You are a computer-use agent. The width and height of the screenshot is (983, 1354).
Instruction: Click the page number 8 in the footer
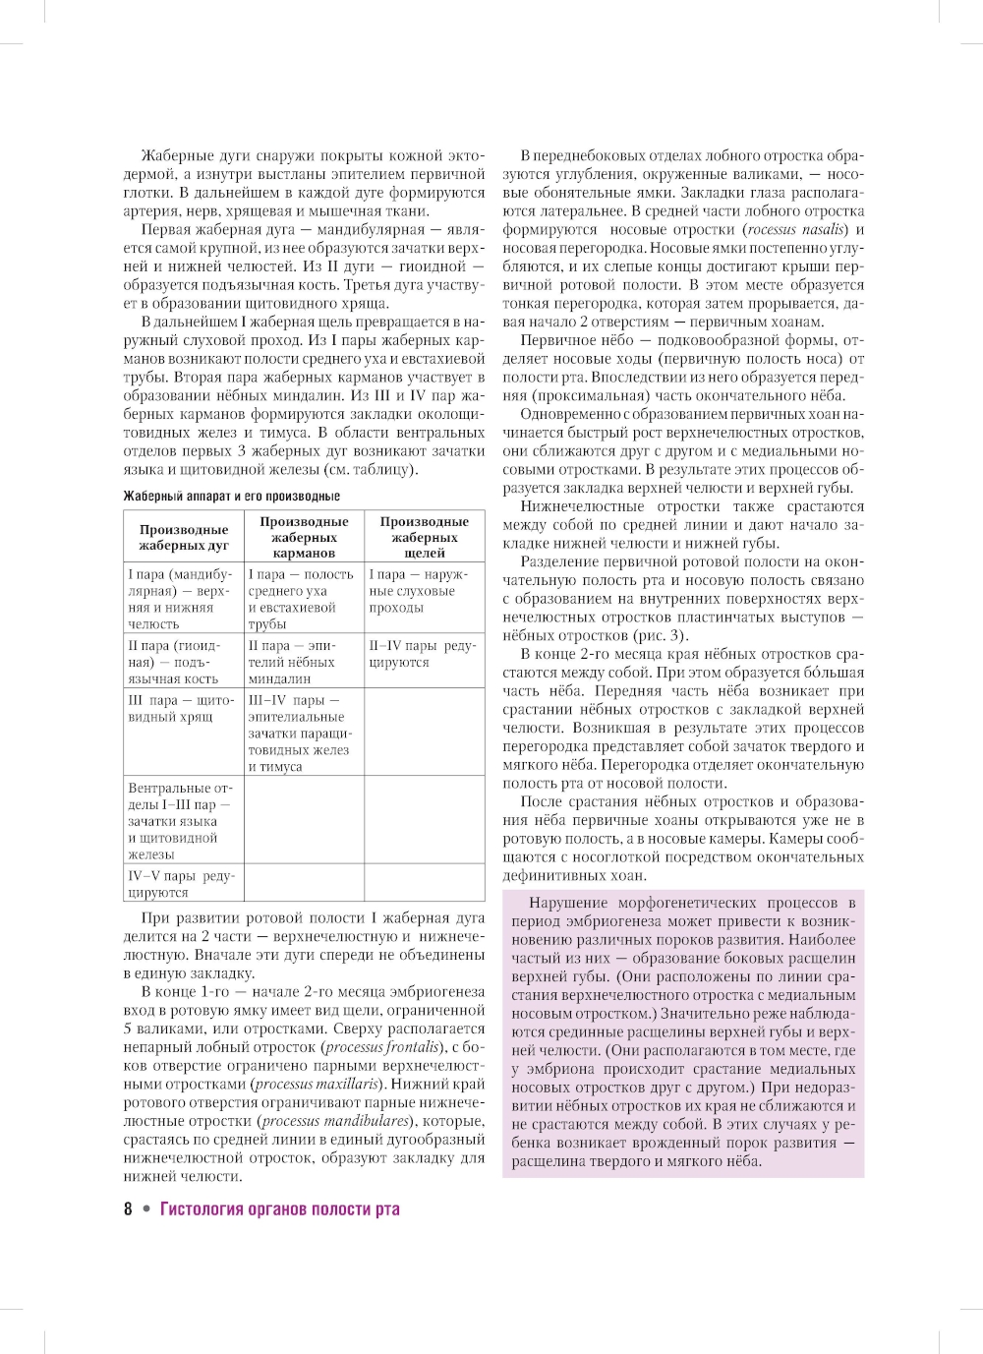[128, 1209]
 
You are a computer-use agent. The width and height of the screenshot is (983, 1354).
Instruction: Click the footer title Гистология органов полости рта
[280, 1209]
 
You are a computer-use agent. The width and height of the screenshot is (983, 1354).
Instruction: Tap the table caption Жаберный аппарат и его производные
[231, 497]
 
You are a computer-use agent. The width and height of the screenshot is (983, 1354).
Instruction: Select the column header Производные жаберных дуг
[184, 537]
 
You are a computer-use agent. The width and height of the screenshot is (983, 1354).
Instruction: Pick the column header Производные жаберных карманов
[304, 537]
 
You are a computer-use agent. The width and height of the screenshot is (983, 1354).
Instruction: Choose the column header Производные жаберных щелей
[425, 537]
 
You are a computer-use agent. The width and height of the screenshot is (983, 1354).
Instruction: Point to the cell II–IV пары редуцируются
[422, 654]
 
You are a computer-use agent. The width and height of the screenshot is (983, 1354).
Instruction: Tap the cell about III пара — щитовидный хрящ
[181, 708]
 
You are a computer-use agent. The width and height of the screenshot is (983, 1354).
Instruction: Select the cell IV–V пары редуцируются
[181, 884]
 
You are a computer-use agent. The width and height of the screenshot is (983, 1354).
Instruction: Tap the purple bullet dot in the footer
[146, 1209]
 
